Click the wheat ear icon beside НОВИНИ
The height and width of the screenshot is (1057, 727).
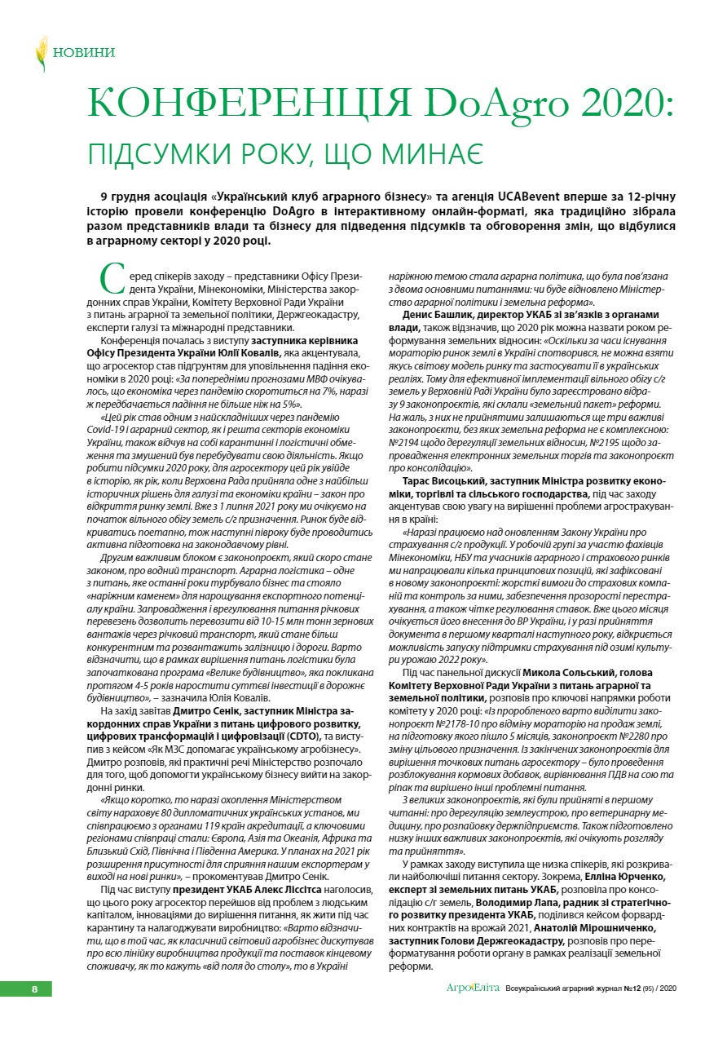tap(41, 53)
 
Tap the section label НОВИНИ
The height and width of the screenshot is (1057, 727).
tap(83, 53)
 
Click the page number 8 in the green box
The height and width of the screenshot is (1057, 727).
tap(34, 988)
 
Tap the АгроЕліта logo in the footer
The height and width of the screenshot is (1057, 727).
tap(470, 988)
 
